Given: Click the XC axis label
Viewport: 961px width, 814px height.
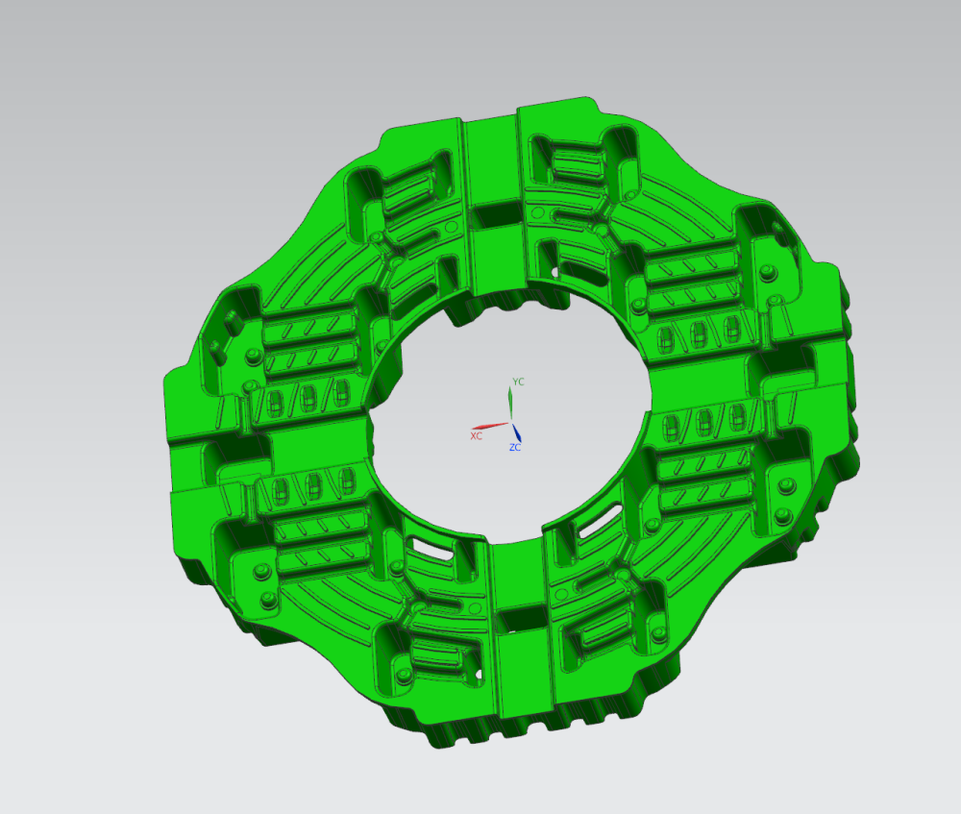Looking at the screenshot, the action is (477, 435).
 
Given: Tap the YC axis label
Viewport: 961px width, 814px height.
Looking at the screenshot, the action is (519, 382).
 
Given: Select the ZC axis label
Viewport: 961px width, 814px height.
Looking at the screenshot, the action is (515, 448).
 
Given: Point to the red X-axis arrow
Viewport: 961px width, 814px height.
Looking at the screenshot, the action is (490, 426).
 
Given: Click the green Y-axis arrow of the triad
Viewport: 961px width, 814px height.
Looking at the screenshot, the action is (510, 402).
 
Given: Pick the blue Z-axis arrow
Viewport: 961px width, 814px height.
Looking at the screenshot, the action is (517, 432).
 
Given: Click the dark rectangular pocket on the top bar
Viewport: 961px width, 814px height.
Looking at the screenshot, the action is (498, 213).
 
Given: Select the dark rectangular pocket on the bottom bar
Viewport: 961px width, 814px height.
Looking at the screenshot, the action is (522, 619).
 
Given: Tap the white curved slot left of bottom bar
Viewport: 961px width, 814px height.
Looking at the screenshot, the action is (434, 549).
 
